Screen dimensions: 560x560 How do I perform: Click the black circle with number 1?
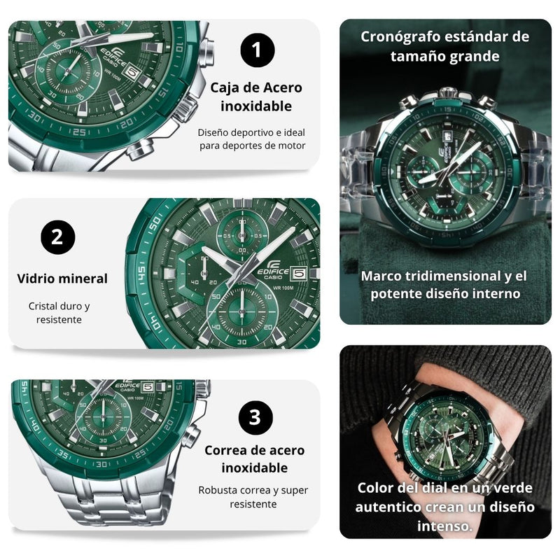258,51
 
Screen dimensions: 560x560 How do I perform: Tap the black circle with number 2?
57,237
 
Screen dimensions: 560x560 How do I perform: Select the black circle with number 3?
255,418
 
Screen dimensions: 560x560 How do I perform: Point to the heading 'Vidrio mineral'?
62,279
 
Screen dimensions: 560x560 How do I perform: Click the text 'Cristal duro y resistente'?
59,313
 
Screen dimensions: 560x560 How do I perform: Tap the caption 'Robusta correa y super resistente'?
253,497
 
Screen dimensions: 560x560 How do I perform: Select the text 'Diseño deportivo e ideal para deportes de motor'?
251,139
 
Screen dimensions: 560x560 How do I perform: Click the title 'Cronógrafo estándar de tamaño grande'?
445,45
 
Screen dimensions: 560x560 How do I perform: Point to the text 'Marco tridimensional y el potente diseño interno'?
444,284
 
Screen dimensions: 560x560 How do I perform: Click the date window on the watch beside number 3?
148,386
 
